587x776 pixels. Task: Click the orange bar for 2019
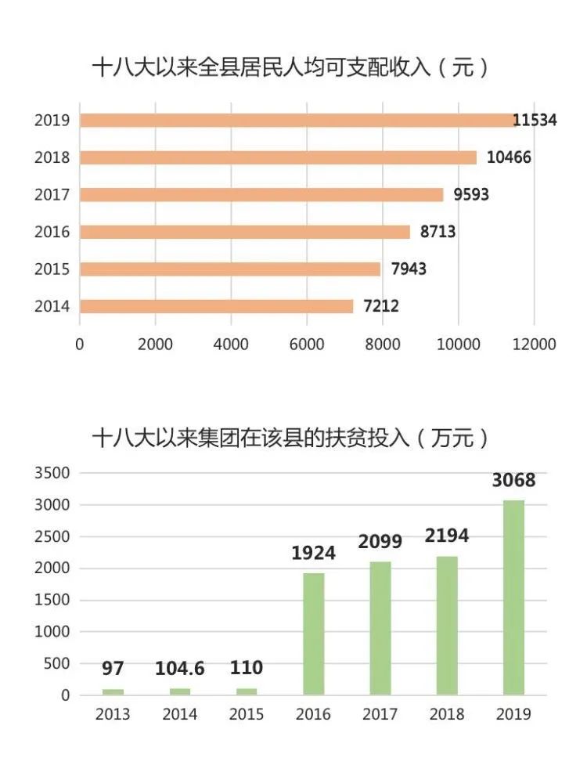tap(297, 120)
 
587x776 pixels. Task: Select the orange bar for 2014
tap(216, 306)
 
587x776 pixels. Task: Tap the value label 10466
tap(509, 157)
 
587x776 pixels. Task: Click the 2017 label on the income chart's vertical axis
tap(52, 195)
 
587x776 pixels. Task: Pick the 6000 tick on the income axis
tap(307, 345)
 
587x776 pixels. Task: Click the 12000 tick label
tap(533, 345)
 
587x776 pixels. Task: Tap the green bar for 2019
tap(513, 597)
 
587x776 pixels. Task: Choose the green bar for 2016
tap(314, 633)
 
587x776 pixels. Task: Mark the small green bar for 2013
tap(113, 691)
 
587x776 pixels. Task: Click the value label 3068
tap(513, 480)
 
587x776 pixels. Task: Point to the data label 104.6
tap(180, 669)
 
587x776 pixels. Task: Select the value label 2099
tap(380, 541)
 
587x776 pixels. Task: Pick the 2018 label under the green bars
tap(447, 714)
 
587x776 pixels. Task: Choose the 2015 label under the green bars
tap(247, 714)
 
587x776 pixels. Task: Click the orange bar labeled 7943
tap(230, 269)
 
